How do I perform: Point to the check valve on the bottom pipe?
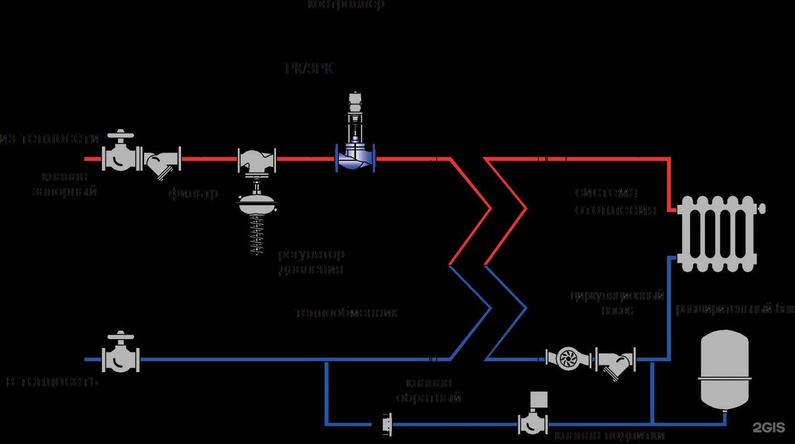387,424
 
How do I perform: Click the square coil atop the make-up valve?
539,399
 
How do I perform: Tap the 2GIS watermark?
769,427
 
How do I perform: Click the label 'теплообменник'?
347,313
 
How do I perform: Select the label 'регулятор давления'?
311,262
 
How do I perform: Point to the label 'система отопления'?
614,201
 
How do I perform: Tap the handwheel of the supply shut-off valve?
120,135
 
